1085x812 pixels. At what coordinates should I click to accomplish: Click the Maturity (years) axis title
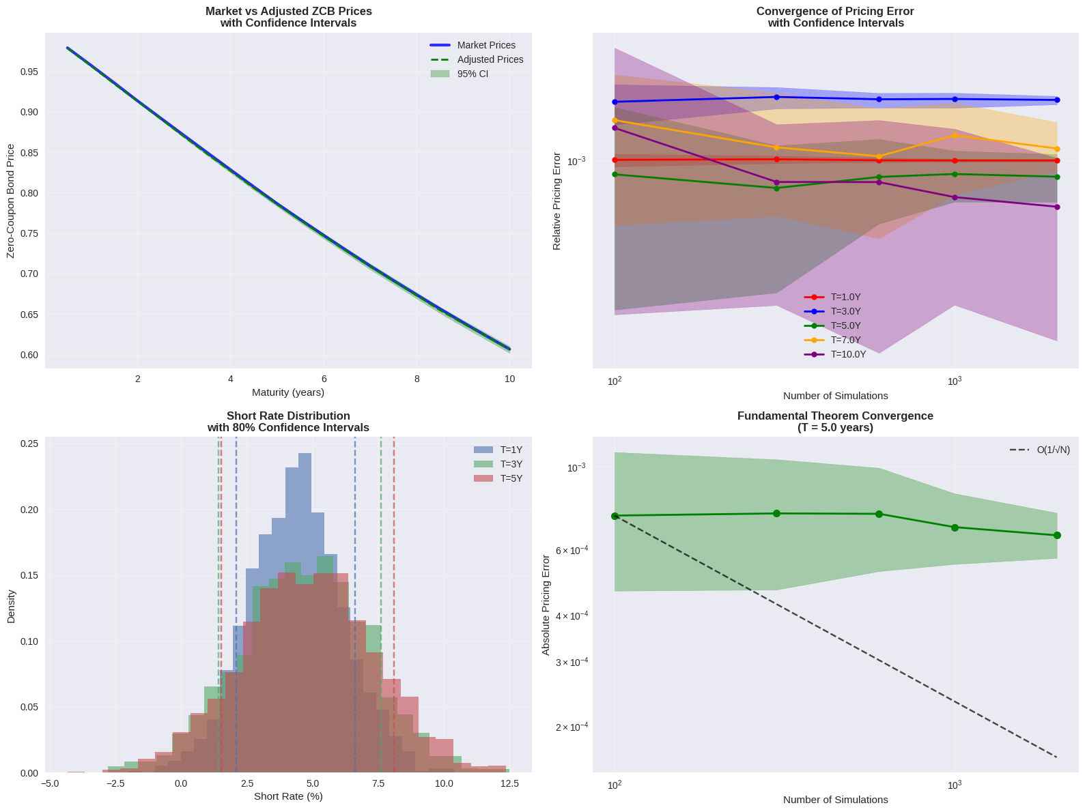287,392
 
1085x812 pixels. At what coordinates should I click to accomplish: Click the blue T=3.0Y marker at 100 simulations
615,102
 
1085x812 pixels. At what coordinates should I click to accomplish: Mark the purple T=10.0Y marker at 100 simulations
615,128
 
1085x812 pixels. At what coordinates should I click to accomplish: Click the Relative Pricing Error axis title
556,201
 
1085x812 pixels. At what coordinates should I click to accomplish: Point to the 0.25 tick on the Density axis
29,444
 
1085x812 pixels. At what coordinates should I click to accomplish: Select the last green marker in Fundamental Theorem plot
1057,535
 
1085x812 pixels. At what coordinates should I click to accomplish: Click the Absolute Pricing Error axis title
546,605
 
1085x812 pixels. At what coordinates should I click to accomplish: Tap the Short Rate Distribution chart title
287,422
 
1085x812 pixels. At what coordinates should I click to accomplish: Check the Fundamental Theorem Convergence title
835,422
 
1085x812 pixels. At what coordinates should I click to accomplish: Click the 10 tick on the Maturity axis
509,379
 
